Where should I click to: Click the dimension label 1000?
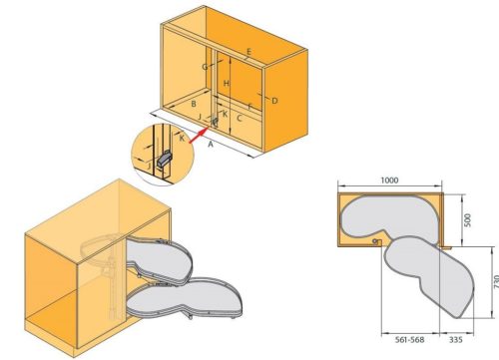[389, 180]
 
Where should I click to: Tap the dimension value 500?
[467, 220]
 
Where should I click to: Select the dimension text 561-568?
[409, 340]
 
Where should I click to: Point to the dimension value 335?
[456, 340]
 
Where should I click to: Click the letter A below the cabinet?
[211, 145]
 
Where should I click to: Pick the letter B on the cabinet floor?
[194, 104]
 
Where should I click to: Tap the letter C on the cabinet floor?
[240, 118]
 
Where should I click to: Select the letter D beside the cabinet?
[274, 101]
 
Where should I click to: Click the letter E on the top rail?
[249, 52]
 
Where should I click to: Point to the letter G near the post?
[205, 67]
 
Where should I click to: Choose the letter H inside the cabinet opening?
[227, 84]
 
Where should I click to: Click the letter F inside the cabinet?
[249, 107]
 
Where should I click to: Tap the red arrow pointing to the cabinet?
[198, 136]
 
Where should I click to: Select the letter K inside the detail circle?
[182, 139]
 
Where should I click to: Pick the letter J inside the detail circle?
[149, 166]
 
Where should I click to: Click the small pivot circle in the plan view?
[375, 241]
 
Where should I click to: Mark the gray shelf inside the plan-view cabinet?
[389, 216]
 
